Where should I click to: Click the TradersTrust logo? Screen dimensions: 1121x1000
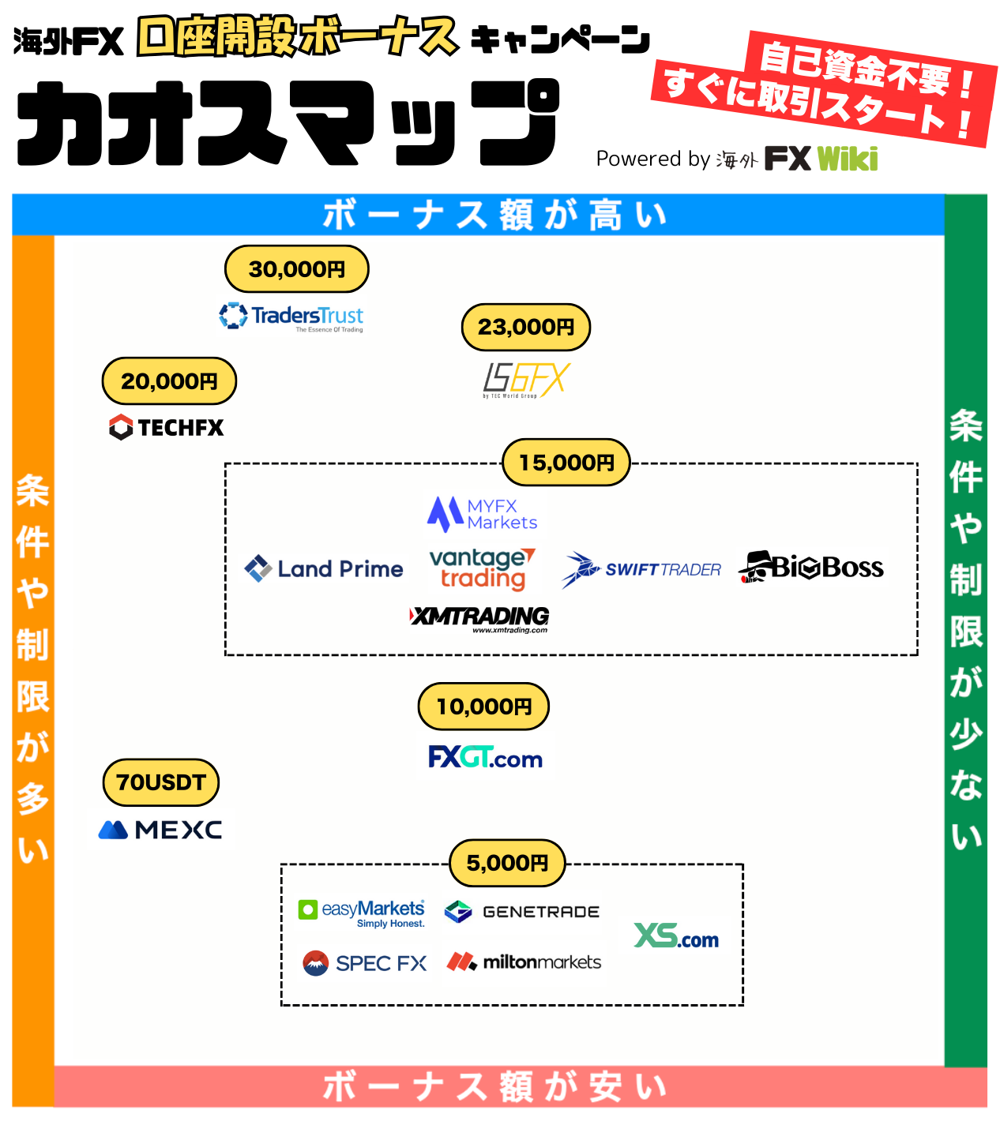291,317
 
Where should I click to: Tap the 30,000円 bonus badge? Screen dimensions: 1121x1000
297,269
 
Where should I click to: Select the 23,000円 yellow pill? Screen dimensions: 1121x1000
526,327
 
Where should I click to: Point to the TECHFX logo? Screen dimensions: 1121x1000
167,427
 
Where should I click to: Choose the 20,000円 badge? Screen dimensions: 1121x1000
169,381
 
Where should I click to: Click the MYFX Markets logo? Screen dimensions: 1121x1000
483,514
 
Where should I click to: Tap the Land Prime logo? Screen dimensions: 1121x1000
324,568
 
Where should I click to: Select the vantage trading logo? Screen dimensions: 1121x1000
482,568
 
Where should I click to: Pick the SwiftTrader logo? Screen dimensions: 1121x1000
641,569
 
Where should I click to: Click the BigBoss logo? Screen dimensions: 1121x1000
811,567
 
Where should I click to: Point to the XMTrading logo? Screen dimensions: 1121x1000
479,618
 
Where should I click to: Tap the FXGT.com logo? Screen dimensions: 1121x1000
485,758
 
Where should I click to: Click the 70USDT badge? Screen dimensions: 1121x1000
161,782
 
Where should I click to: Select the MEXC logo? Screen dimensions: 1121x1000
160,830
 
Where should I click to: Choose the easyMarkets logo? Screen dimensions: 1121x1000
362,913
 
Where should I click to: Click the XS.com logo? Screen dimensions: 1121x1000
676,936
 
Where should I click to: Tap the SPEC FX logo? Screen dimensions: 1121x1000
365,963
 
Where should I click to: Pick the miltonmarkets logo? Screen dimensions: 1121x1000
524,962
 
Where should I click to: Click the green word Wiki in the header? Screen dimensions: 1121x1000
848,159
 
